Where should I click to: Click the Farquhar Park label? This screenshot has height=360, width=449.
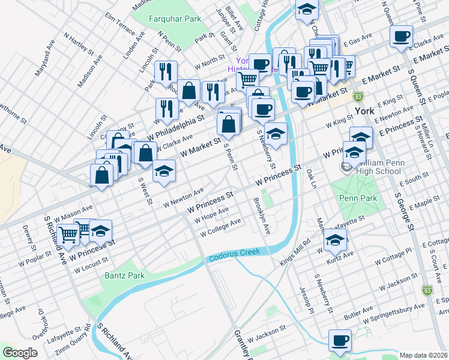coord(176,19)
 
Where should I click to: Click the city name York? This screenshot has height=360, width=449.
coord(364,111)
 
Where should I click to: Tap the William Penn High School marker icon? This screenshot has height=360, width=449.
coord(347,167)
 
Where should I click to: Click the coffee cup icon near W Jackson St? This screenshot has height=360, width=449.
coord(340,340)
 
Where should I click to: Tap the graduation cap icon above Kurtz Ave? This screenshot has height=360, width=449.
coord(335,241)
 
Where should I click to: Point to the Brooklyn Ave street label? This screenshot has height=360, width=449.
coord(262,215)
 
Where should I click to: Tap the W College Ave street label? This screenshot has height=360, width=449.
coord(220,226)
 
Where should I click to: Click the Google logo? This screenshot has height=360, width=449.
coord(20,352)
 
